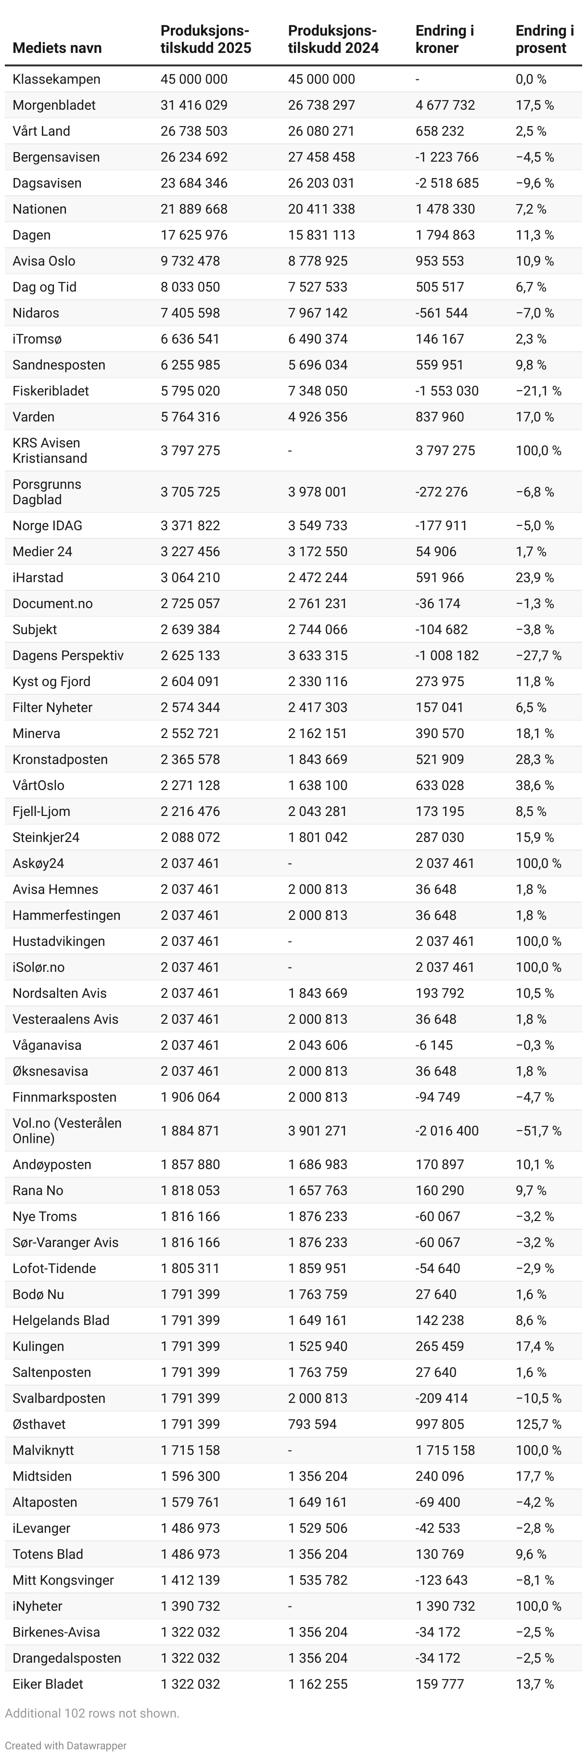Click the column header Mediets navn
(x=57, y=48)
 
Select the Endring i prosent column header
(x=544, y=39)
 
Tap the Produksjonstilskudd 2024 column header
(x=332, y=39)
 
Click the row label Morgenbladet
(x=54, y=105)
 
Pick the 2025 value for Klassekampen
(x=193, y=79)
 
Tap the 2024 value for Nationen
(x=321, y=209)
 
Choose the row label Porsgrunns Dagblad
(x=46, y=492)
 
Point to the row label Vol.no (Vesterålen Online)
(x=67, y=1130)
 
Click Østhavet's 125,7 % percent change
(x=538, y=1424)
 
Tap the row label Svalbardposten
(x=59, y=1398)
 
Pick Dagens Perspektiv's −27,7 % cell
(x=538, y=655)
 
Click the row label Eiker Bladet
(x=48, y=1683)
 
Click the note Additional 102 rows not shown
(x=92, y=1713)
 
